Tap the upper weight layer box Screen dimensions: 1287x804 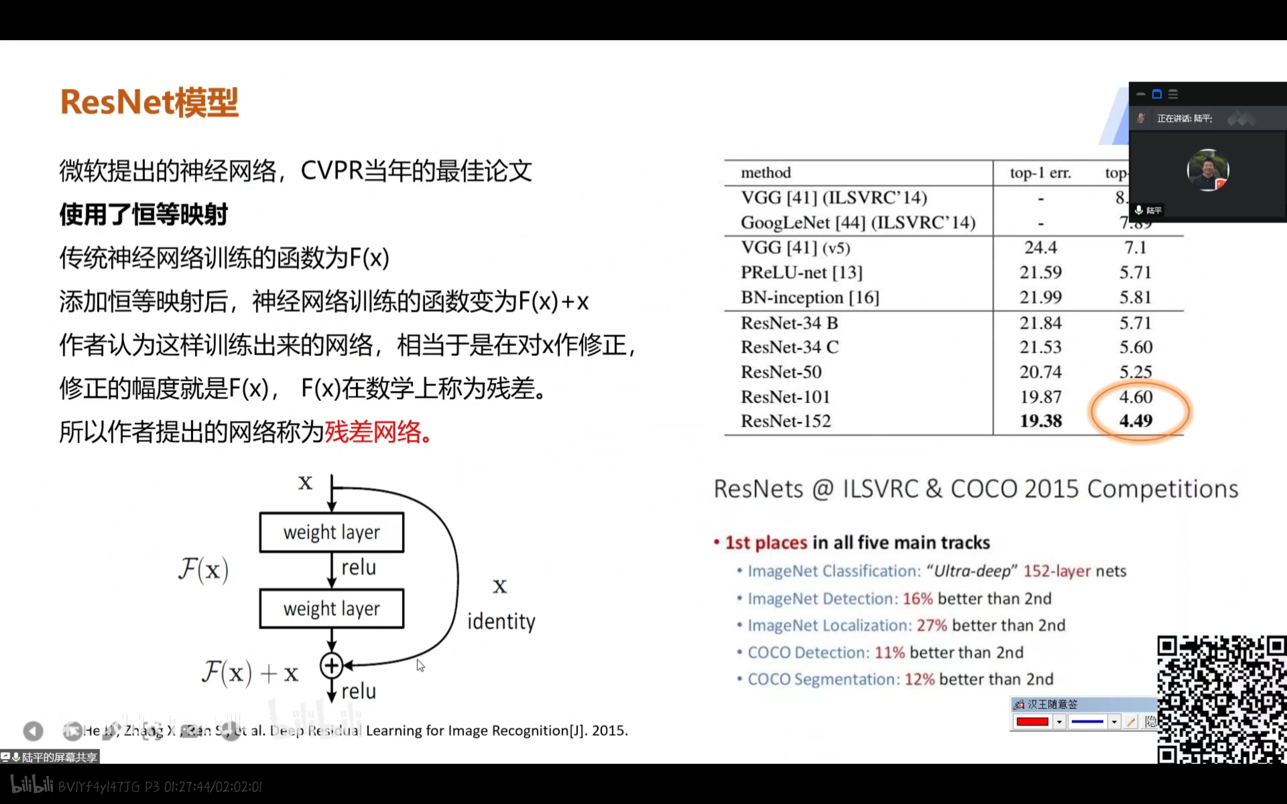(x=331, y=532)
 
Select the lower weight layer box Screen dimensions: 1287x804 (x=331, y=609)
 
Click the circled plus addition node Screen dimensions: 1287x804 (x=331, y=665)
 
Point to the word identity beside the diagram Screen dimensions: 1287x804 (x=501, y=622)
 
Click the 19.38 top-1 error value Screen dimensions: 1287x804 (x=1040, y=421)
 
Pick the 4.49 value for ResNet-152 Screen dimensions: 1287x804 (x=1136, y=421)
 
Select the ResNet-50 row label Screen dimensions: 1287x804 (x=781, y=372)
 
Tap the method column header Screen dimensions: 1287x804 (x=766, y=173)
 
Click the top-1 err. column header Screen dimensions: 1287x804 (x=1040, y=173)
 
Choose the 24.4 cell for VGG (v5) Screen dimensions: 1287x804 (x=1040, y=248)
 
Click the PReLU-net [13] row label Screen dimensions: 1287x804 (x=801, y=273)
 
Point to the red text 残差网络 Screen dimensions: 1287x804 (x=374, y=432)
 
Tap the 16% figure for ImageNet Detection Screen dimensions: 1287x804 (x=917, y=599)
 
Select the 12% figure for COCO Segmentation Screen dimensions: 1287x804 (x=920, y=679)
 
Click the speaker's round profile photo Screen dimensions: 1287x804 (x=1207, y=170)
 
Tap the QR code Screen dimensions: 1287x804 (x=1222, y=700)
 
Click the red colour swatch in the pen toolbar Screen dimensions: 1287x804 (x=1032, y=722)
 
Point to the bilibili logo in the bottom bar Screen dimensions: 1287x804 (x=32, y=785)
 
